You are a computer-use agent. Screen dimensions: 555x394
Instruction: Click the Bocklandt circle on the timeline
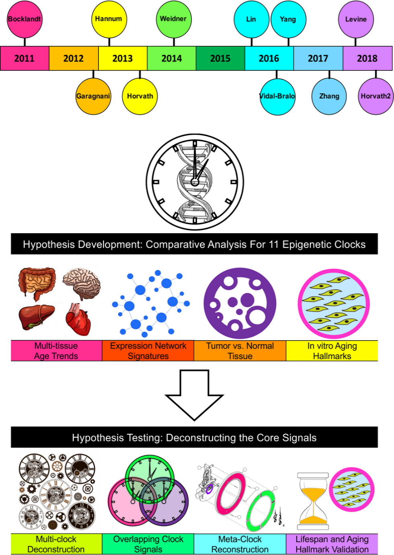point(25,19)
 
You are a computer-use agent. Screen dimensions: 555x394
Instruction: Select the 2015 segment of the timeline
point(220,58)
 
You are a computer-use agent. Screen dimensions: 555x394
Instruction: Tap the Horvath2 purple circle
point(376,97)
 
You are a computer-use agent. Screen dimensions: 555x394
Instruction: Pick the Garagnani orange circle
point(93,97)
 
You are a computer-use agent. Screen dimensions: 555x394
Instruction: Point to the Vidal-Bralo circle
point(277,97)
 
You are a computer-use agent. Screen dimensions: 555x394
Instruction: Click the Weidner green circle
point(173,19)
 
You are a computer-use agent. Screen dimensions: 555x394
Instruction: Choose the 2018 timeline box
point(367,58)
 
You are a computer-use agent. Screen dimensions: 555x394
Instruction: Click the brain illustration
point(82,283)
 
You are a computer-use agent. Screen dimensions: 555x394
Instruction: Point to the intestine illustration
point(37,283)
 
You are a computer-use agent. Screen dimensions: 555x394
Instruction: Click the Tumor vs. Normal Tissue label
point(240,351)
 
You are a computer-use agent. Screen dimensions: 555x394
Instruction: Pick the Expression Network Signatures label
point(148,351)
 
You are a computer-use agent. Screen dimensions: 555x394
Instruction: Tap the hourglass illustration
point(313,501)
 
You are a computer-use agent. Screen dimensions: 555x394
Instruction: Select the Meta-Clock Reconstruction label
point(240,544)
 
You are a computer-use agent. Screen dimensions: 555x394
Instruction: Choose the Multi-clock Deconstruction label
point(56,544)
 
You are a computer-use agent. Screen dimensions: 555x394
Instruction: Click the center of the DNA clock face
point(195,182)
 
